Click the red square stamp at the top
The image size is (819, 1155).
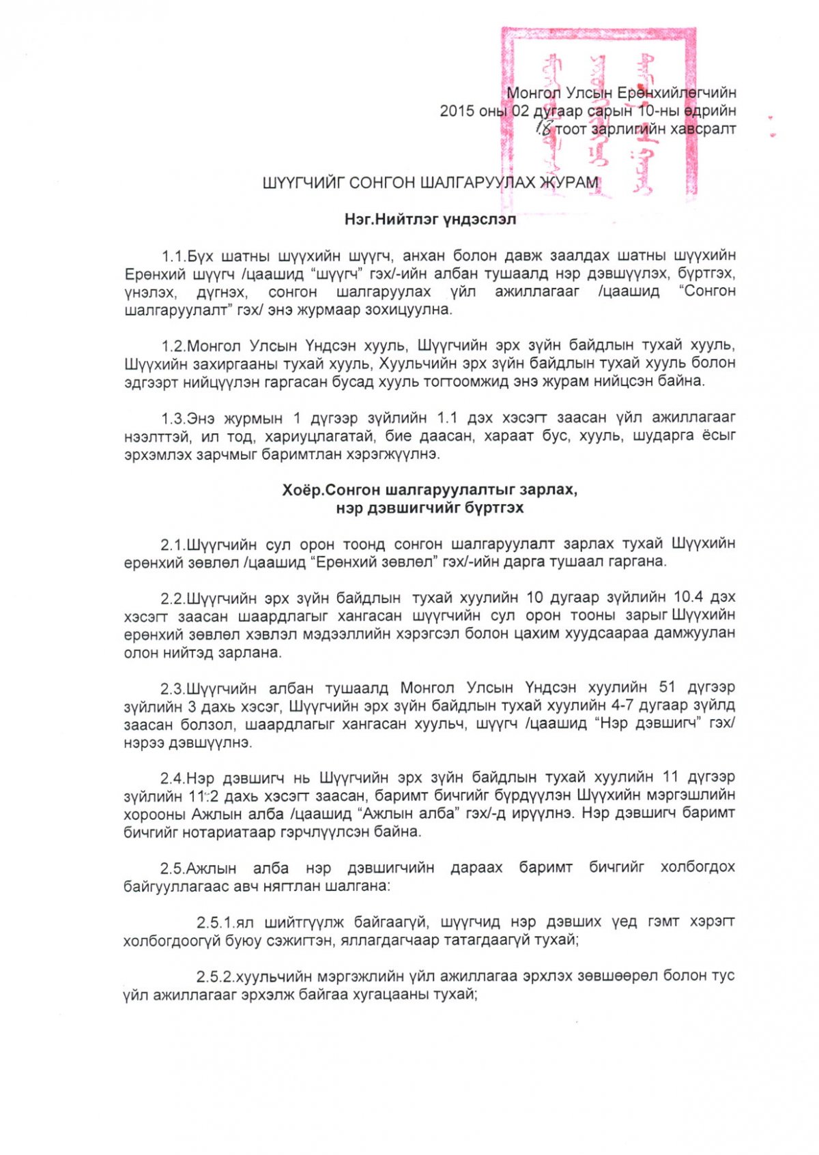(599, 116)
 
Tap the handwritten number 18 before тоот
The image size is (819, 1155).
(544, 128)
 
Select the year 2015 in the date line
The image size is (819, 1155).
(457, 111)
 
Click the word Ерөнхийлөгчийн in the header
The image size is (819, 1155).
(676, 93)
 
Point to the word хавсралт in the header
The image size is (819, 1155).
(702, 128)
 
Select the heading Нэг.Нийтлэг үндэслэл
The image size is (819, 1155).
(430, 220)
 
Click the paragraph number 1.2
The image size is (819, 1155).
(173, 345)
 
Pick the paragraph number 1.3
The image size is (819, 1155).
(173, 418)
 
